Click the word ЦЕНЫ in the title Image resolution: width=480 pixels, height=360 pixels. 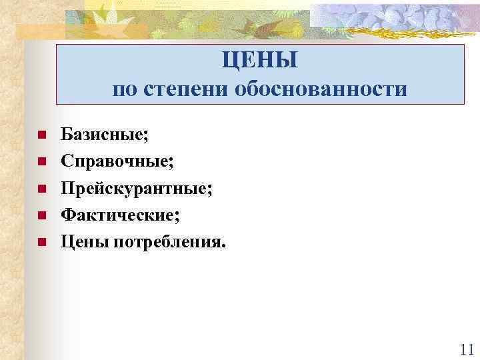pos(260,61)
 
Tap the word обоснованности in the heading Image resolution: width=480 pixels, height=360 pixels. pos(320,89)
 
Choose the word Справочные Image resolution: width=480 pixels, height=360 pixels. pos(115,162)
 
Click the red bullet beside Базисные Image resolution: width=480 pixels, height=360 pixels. pos(41,135)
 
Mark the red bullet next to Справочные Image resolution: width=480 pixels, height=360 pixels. pos(41,162)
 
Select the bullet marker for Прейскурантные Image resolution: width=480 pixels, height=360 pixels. pos(41,189)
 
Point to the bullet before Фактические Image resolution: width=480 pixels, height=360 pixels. pos(41,215)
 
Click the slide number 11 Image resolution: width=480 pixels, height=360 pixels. pos(466,349)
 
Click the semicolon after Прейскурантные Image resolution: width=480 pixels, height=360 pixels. pos(211,191)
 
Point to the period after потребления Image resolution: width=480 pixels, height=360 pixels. pos(224,245)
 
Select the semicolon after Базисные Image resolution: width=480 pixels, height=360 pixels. pos(147,137)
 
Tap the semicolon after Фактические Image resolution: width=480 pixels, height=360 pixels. pos(177,217)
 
